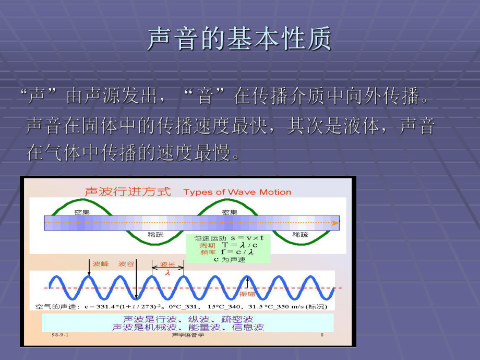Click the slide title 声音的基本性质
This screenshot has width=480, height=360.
point(239,40)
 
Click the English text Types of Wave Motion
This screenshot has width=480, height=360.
point(237,192)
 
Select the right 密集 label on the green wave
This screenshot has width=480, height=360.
point(230,212)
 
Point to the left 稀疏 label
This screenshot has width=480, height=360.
point(155,235)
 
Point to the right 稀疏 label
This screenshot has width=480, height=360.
point(300,235)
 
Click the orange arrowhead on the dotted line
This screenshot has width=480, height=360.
point(335,223)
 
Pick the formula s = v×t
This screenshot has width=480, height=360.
point(239,238)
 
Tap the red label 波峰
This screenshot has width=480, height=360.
point(101,264)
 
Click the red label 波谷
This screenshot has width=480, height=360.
point(126,264)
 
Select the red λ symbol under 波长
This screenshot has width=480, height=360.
point(167,272)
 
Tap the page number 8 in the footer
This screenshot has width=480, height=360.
point(322,335)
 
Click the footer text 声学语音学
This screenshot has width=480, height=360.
point(187,335)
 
